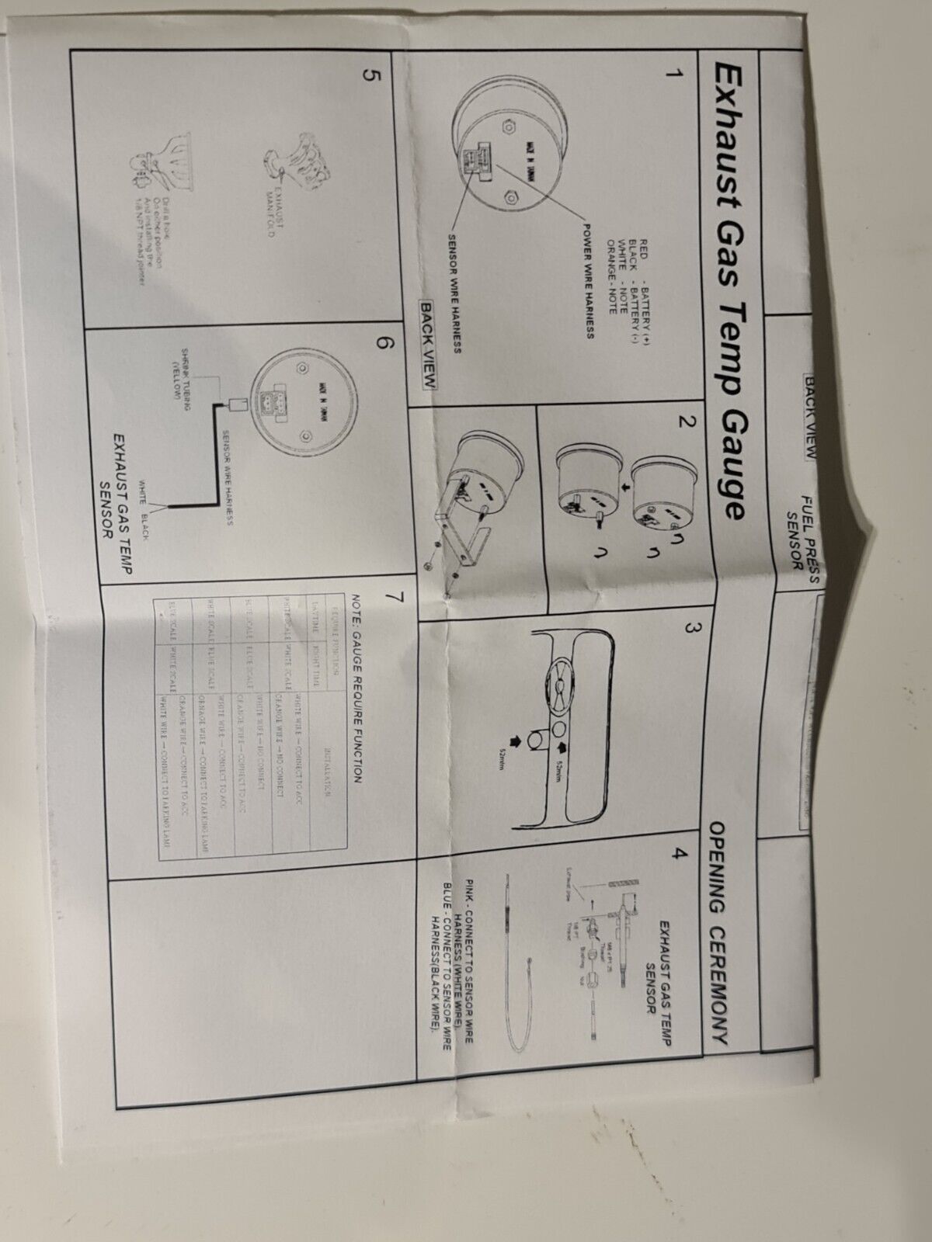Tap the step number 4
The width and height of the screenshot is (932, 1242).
tap(680, 855)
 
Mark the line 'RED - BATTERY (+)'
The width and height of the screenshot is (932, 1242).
tap(644, 290)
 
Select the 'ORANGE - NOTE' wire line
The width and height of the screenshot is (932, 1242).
tap(612, 283)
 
